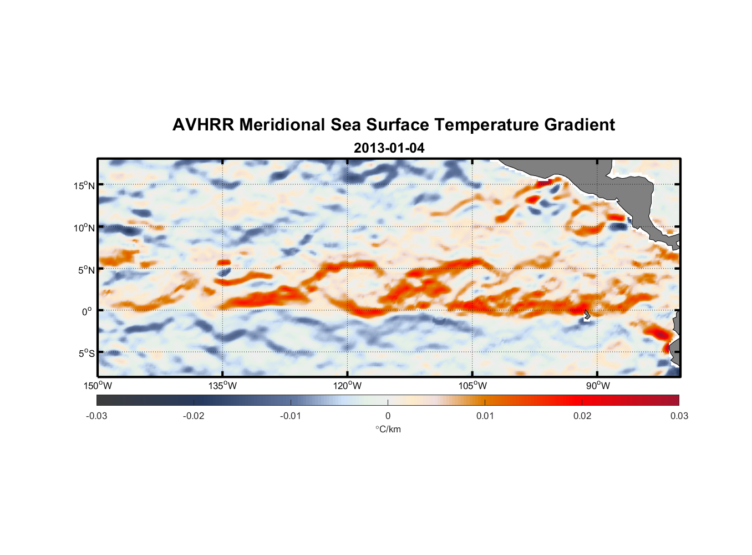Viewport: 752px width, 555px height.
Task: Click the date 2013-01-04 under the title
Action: coord(389,148)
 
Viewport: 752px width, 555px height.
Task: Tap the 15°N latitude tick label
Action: coord(84,185)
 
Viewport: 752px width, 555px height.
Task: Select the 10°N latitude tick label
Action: coord(84,228)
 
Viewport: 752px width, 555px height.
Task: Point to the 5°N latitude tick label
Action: coord(86,270)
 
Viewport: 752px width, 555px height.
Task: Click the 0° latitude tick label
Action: coord(87,311)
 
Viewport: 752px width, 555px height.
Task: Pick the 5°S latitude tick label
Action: coord(86,354)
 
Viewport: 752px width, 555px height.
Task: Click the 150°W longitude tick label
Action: coord(98,386)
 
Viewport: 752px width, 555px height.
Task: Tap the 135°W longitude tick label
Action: coord(222,386)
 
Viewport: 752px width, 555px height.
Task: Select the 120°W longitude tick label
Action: coord(347,386)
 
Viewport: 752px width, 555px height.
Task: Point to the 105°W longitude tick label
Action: coord(472,386)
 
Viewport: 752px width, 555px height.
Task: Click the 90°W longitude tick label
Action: coord(597,386)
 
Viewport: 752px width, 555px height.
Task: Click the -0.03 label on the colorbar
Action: coord(96,416)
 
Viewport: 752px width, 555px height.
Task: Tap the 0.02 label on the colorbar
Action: coord(582,416)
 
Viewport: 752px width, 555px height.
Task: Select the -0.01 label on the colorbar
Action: coord(291,416)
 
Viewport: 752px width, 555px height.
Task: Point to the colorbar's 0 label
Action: coord(388,416)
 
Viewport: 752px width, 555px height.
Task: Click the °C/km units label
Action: coord(388,430)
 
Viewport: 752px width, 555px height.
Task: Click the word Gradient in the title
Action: coord(580,125)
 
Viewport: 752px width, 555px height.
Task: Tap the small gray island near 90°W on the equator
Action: coord(587,315)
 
